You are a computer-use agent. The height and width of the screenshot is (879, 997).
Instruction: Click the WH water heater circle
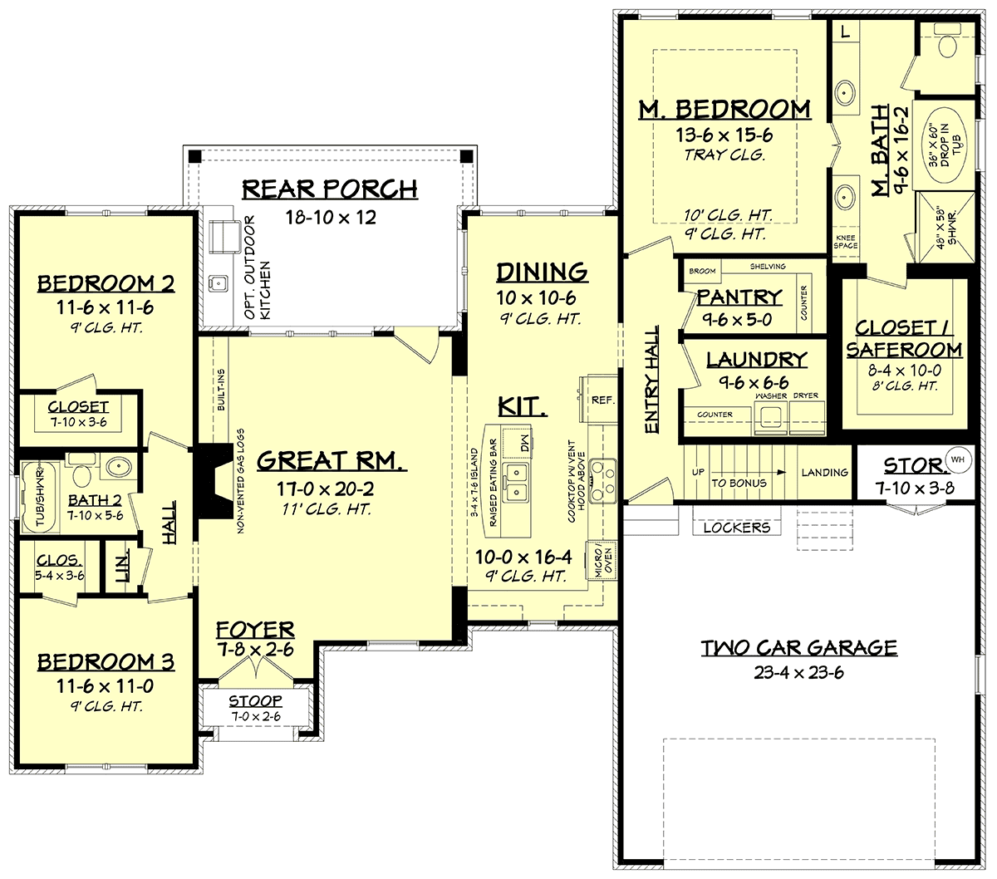(958, 459)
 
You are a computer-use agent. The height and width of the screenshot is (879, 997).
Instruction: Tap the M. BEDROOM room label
(724, 110)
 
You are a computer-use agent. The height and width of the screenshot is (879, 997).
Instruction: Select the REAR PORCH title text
(330, 189)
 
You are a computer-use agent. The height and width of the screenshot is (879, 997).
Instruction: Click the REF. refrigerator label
(603, 400)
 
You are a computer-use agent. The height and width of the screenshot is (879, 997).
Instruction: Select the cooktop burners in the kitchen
(603, 481)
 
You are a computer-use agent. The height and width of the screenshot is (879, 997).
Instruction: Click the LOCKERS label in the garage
(737, 528)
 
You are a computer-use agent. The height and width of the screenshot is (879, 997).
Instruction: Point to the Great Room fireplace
(214, 481)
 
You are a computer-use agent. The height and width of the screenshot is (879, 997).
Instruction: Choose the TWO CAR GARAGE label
(799, 648)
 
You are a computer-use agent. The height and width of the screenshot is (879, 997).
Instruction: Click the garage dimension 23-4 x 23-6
(798, 673)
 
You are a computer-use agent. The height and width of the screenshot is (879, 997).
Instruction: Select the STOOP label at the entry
(255, 700)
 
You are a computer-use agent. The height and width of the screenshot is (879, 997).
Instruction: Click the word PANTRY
(739, 297)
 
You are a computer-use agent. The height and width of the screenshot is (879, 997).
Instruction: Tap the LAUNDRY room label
(757, 360)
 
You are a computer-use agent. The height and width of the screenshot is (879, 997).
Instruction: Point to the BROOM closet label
(702, 271)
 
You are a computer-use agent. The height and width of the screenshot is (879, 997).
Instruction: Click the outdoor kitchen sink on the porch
(218, 283)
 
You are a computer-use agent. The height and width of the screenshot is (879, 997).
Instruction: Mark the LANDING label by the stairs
(825, 473)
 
